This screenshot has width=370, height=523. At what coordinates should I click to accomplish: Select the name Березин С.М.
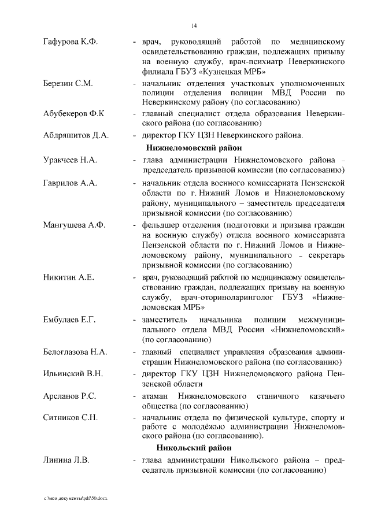(x=68, y=84)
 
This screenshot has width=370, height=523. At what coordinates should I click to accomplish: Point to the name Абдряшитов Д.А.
(x=75, y=136)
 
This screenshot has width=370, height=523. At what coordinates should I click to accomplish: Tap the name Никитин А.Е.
(x=68, y=277)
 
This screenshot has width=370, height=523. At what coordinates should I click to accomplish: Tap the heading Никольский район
(x=194, y=448)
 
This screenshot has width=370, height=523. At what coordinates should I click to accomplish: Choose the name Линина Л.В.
(x=66, y=461)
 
